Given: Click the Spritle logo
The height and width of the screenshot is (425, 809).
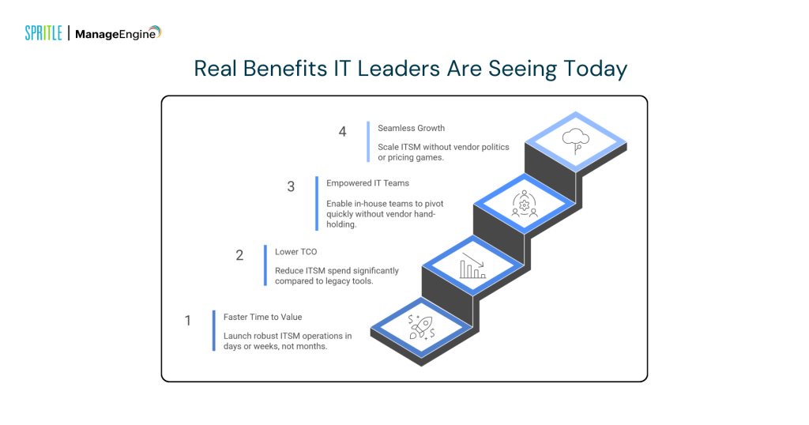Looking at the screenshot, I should [43, 33].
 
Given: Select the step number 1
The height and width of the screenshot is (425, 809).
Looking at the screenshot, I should [188, 321].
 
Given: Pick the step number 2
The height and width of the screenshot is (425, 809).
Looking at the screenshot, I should [239, 255].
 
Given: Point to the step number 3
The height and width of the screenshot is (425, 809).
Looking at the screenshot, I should [291, 187].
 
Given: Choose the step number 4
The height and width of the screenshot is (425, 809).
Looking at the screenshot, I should [342, 132].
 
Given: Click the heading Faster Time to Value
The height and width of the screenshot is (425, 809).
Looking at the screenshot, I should [262, 317].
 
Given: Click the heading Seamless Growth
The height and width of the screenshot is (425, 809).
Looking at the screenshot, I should [411, 128].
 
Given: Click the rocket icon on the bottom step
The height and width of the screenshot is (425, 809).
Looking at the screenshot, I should [420, 326].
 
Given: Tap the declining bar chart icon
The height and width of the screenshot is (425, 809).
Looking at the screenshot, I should [472, 266].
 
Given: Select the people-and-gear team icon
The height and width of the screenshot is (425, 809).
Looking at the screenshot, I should [524, 205].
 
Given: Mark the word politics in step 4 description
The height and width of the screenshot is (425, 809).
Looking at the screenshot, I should [493, 147].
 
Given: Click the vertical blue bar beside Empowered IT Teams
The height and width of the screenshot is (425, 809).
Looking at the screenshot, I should [317, 203].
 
